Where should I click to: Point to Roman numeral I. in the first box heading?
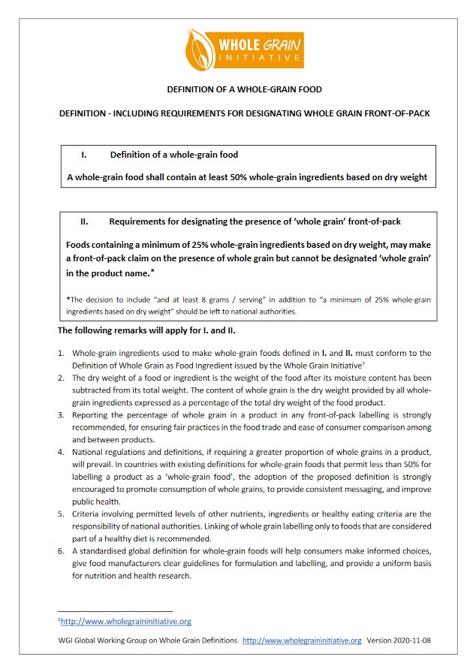pyautogui.click(x=84, y=155)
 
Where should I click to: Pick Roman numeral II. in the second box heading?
pyautogui.click(x=85, y=221)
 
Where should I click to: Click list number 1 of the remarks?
pyautogui.click(x=61, y=353)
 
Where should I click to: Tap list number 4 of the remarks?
pyautogui.click(x=61, y=453)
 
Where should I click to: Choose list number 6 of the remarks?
pyautogui.click(x=61, y=551)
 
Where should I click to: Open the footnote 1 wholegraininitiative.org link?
pyautogui.click(x=126, y=621)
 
